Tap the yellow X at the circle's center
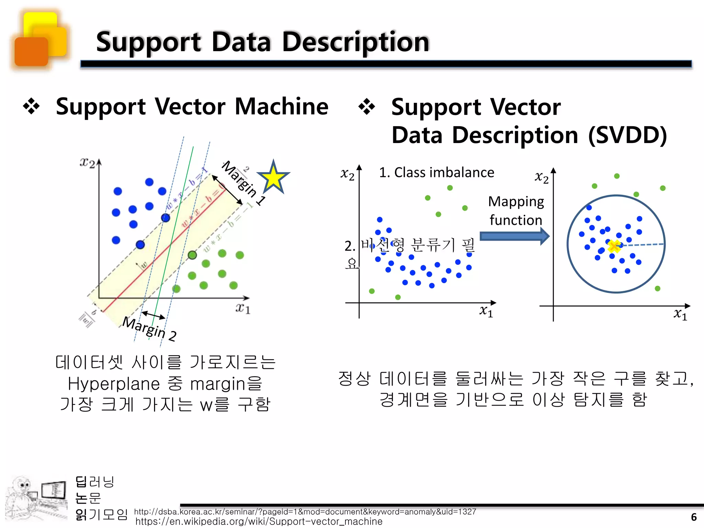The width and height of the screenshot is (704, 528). point(614,246)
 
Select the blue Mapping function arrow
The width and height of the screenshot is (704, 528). point(514,236)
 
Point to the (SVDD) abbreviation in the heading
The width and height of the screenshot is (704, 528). point(627,135)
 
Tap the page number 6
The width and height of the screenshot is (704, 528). point(694,517)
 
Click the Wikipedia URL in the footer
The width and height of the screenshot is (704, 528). point(258,521)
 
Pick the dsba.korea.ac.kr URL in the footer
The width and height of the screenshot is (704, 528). point(305,512)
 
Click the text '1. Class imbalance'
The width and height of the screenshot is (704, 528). point(436,172)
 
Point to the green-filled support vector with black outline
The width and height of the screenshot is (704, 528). point(192,255)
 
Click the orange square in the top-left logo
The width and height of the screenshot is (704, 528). point(31,52)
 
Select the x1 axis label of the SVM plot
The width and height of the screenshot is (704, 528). point(243,308)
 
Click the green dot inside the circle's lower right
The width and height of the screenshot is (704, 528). point(657,288)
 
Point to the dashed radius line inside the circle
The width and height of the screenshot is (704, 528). point(643,245)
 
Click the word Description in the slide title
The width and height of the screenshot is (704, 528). point(355,42)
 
